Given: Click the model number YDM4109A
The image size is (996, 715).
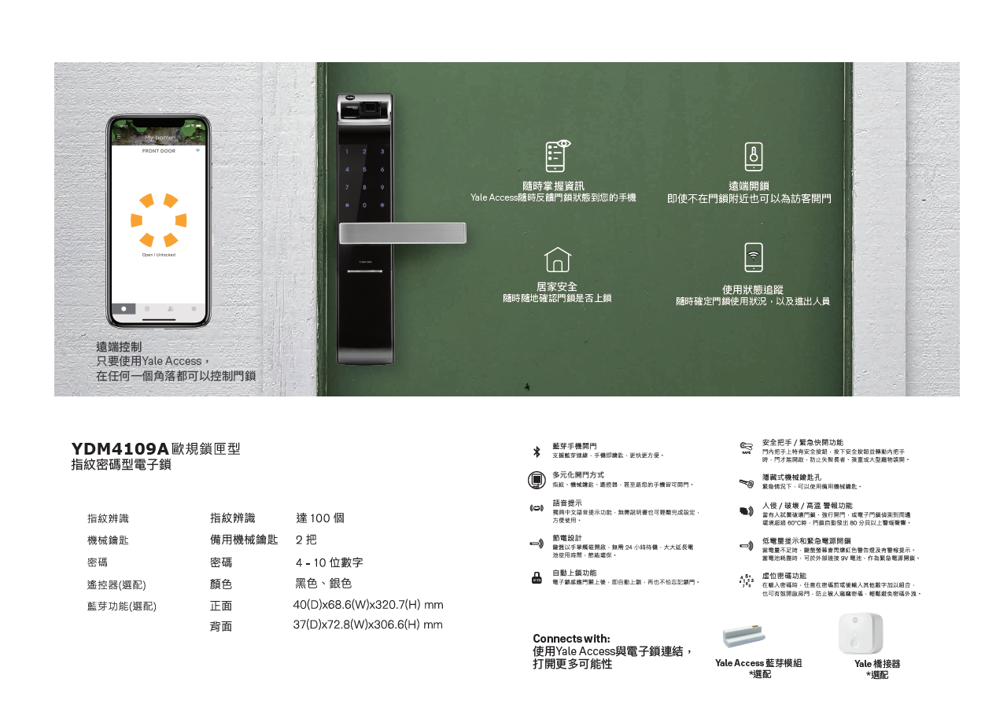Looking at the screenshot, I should pyautogui.click(x=120, y=449).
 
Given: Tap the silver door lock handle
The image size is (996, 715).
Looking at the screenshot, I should pyautogui.click(x=402, y=233).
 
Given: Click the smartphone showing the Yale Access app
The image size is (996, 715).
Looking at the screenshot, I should pyautogui.click(x=159, y=221).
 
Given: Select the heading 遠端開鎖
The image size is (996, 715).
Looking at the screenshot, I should pyautogui.click(x=748, y=186).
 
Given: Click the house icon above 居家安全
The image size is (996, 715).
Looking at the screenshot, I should pyautogui.click(x=557, y=260).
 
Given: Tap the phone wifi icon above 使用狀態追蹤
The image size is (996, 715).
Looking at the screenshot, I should pyautogui.click(x=753, y=257).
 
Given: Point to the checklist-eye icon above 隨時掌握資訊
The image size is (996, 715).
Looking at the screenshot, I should pyautogui.click(x=557, y=155).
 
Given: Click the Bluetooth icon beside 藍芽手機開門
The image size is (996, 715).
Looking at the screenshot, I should pyautogui.click(x=537, y=451).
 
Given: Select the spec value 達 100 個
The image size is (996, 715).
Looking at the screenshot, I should pyautogui.click(x=320, y=518).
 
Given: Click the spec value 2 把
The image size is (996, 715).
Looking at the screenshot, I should pyautogui.click(x=306, y=540).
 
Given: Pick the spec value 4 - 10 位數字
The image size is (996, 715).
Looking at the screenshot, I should pyautogui.click(x=329, y=563).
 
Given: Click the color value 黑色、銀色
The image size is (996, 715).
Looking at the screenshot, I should pyautogui.click(x=323, y=584).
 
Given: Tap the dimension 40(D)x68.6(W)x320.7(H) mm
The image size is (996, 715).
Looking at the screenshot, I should pyautogui.click(x=368, y=605).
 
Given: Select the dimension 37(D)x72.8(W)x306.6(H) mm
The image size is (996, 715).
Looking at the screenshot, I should pyautogui.click(x=367, y=625).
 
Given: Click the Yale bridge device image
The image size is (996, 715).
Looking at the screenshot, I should pyautogui.click(x=860, y=634).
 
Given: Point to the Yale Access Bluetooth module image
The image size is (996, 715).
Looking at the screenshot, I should pyautogui.click(x=743, y=636).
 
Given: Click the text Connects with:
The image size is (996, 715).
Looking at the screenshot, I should pyautogui.click(x=571, y=638).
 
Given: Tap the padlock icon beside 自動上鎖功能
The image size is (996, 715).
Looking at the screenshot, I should pyautogui.click(x=537, y=577).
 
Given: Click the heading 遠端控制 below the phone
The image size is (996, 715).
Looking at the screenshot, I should pyautogui.click(x=119, y=347).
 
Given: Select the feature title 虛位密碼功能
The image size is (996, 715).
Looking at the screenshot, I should pyautogui.click(x=784, y=576).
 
